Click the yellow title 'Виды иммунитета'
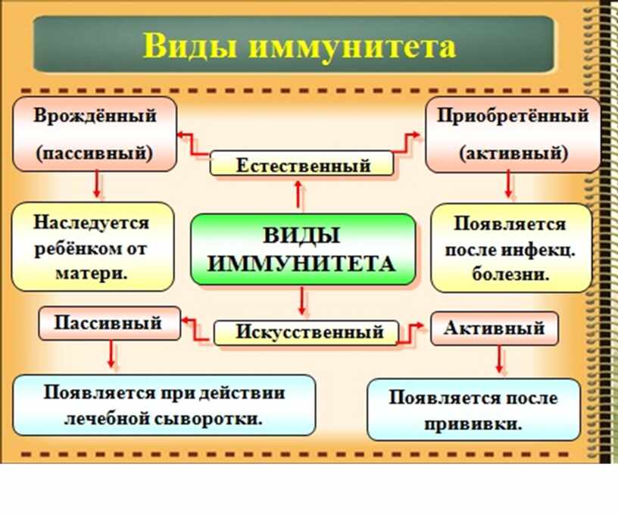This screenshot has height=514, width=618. coord(299,46)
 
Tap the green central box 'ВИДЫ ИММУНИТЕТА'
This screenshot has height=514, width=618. coord(303,249)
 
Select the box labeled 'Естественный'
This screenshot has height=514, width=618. coord(301,164)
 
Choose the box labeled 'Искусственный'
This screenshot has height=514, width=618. coord(306,333)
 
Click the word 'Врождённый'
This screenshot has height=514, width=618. coord(95,115)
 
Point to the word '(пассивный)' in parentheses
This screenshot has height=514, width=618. coord(95,152)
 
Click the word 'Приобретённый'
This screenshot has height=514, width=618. coord(513,116)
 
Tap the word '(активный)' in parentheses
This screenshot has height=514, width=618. coord(513,153)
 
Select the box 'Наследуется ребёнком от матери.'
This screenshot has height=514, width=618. coord(92,247)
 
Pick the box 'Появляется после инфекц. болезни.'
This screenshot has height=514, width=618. coord(511,248)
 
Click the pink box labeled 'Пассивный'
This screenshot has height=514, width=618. coord(110,323)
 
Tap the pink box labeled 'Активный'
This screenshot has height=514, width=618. coord(495,328)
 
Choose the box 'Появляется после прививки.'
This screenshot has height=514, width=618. coord(473,410)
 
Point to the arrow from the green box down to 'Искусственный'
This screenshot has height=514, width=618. coord(302,301)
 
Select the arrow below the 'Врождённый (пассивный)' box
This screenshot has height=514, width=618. coord(97,184)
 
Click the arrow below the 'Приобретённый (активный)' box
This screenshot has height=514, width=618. coord(508,184)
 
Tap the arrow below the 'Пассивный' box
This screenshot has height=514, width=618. coord(111,354)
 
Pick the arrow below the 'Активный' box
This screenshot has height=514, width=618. coord(499,360)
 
